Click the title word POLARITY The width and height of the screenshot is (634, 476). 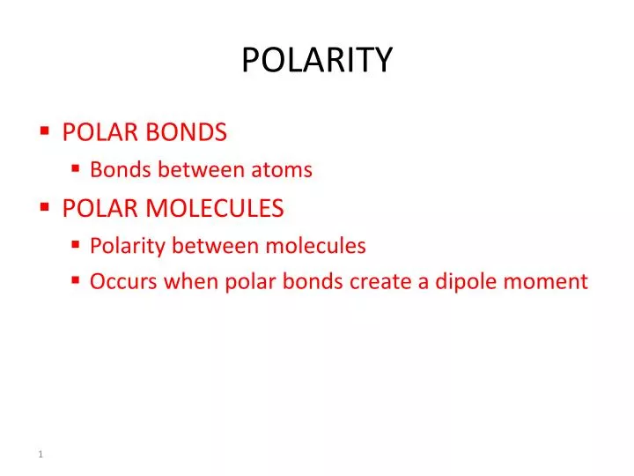[x=317, y=61]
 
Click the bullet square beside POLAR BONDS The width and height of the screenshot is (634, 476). [x=44, y=131]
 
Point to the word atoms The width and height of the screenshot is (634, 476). [x=284, y=170]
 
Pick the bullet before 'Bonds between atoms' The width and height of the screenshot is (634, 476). [x=76, y=168]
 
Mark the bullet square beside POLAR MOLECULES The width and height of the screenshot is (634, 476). [x=44, y=207]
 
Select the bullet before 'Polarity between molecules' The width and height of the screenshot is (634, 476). [x=76, y=245]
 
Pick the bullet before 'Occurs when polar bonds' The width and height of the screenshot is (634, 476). [x=76, y=280]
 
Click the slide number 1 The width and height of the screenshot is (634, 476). [x=41, y=454]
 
